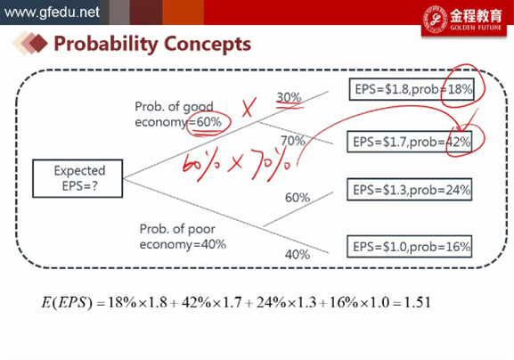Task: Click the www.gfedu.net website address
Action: click(52, 12)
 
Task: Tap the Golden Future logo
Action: click(464, 19)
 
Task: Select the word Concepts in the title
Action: click(208, 44)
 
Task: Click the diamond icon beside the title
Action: click(29, 44)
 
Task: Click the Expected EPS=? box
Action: click(78, 178)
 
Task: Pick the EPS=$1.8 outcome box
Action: click(412, 89)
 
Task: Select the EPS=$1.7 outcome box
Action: click(410, 142)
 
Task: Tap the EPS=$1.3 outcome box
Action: click(410, 190)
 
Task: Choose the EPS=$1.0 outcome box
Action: click(410, 247)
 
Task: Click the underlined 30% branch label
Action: click(289, 97)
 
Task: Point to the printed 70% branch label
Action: click(293, 141)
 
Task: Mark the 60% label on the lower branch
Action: click(298, 198)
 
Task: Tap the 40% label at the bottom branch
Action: click(298, 254)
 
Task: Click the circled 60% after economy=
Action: click(209, 122)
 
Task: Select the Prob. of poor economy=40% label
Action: click(183, 236)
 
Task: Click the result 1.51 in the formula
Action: click(417, 302)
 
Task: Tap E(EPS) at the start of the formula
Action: click(67, 302)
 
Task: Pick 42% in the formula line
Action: click(196, 302)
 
